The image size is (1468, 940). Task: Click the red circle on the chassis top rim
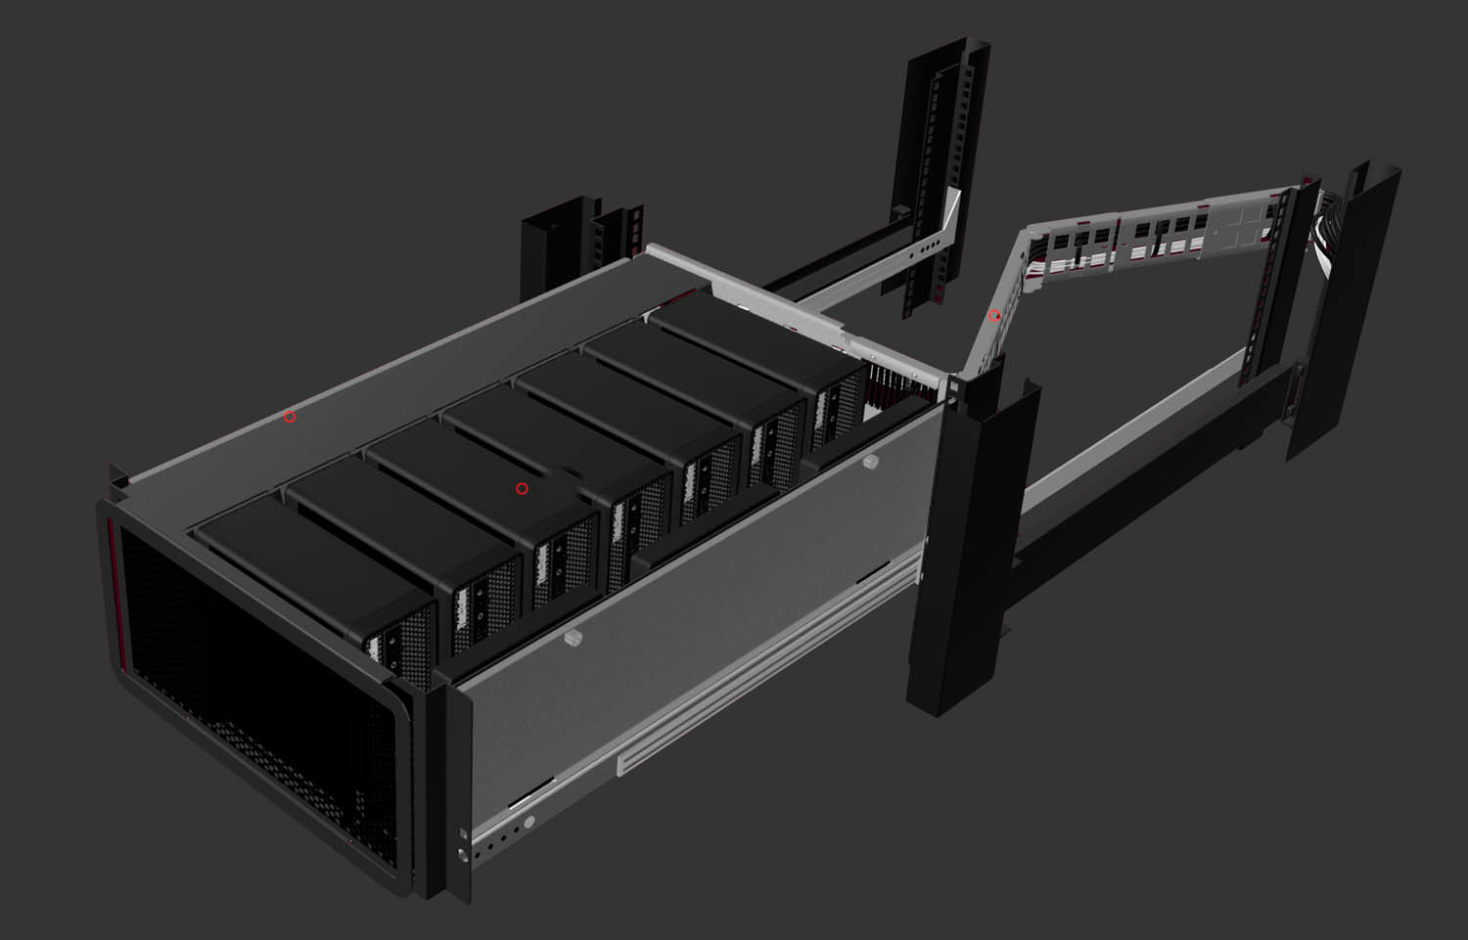click(x=290, y=417)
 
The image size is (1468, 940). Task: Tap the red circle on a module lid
click(x=522, y=488)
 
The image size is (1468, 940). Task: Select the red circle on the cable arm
click(x=994, y=316)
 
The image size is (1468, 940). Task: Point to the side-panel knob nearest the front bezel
click(x=573, y=639)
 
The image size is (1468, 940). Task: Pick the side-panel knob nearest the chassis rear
click(x=870, y=460)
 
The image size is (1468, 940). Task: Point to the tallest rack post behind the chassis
click(x=940, y=176)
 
